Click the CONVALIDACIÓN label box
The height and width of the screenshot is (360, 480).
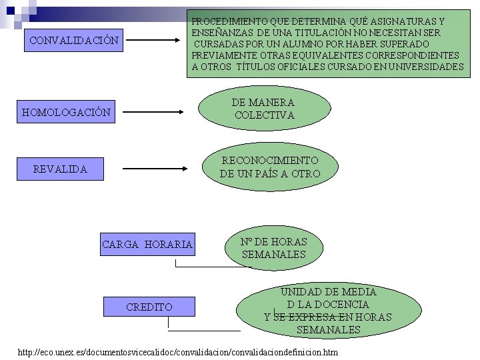click(x=75, y=41)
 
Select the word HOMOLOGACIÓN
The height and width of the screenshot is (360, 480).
click(x=66, y=113)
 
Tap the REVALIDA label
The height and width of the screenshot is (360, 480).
click(x=60, y=169)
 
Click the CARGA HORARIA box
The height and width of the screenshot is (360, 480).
click(x=147, y=245)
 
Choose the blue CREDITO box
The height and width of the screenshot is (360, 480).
click(x=149, y=307)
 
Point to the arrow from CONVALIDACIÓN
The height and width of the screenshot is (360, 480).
click(x=154, y=41)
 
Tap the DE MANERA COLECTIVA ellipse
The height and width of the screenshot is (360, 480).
click(x=264, y=109)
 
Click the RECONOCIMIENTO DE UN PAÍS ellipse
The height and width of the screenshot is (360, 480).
click(x=270, y=167)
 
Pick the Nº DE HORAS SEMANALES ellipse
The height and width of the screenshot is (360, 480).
click(x=273, y=247)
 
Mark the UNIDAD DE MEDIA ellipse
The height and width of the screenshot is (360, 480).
click(x=327, y=311)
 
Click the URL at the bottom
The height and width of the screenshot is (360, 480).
click(x=178, y=351)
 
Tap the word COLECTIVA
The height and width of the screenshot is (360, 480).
click(x=264, y=115)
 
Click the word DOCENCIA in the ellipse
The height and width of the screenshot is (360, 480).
click(x=339, y=304)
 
